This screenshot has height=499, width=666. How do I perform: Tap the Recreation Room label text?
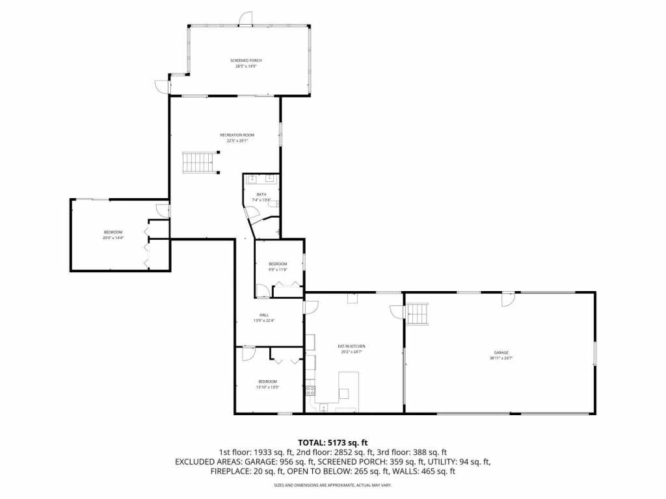(237, 138)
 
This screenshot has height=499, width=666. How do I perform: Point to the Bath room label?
(261, 197)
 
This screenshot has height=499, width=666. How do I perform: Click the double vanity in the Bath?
(261, 179)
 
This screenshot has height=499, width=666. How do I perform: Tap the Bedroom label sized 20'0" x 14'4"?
(113, 235)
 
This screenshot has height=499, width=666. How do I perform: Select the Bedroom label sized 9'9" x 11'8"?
(278, 266)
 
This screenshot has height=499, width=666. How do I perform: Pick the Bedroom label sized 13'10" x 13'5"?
(267, 384)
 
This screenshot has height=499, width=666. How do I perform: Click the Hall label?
(263, 318)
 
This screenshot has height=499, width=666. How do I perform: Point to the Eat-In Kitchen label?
(351, 348)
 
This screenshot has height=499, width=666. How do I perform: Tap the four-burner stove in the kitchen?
(310, 390)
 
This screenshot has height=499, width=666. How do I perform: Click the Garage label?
(500, 355)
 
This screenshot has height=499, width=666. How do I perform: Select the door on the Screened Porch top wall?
(245, 19)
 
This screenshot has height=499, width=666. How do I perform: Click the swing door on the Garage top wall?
(508, 299)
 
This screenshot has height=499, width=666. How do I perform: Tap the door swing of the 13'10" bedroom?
(248, 353)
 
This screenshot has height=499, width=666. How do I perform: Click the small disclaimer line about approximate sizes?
(333, 485)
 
